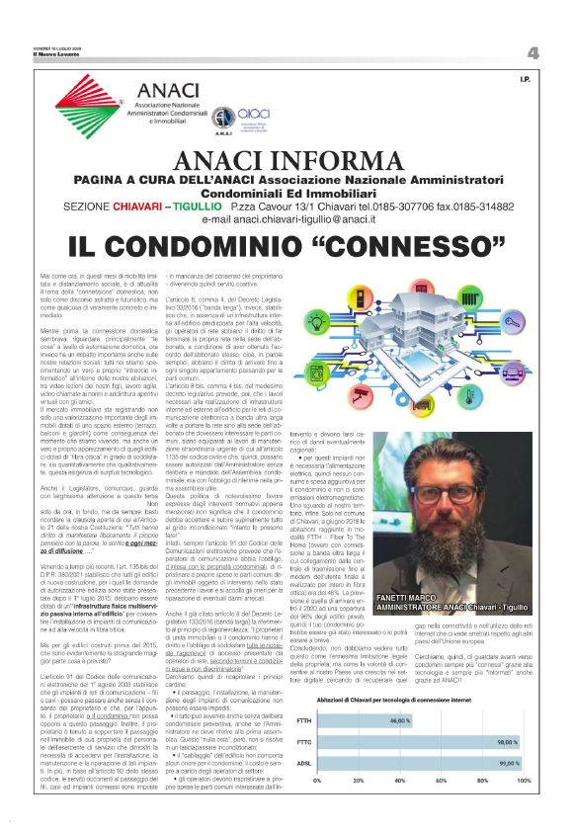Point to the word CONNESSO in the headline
374,246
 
